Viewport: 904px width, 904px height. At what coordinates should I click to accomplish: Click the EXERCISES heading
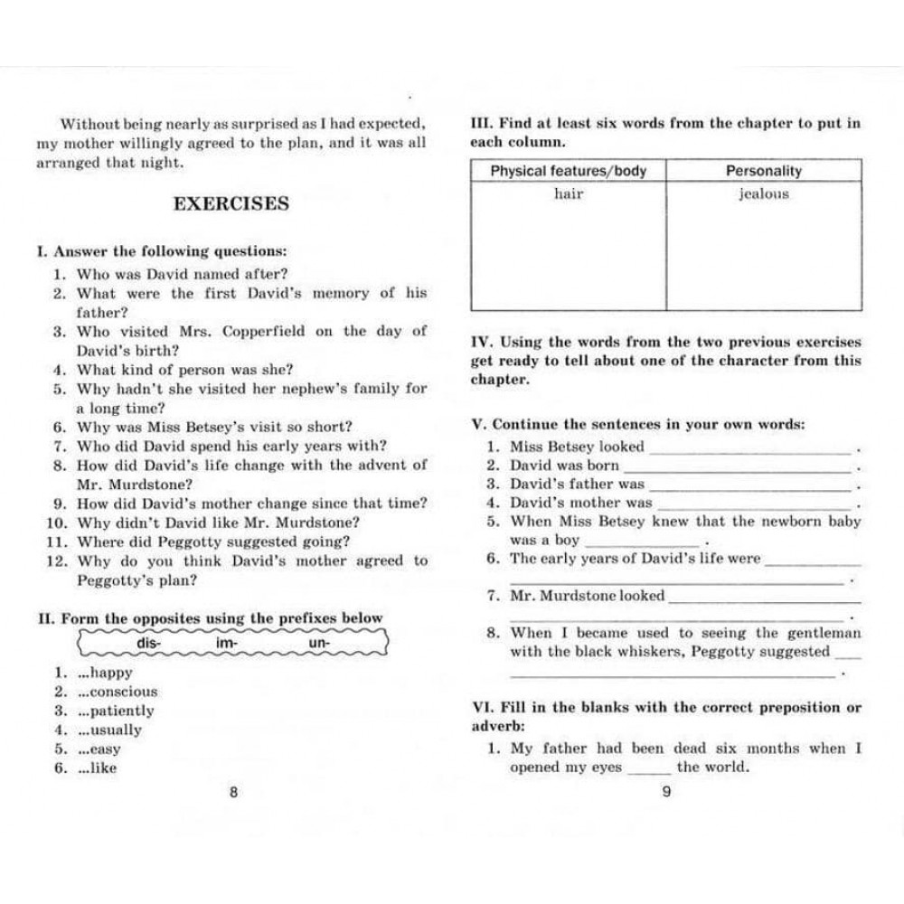[231, 203]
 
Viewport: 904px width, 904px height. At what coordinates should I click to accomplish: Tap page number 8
[233, 794]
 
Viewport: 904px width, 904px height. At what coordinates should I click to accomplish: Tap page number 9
[666, 794]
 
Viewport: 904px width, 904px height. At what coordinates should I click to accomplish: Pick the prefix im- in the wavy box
[227, 643]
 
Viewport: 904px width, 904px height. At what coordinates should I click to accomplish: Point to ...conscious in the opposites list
[118, 692]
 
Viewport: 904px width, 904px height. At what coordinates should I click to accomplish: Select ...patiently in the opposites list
[116, 711]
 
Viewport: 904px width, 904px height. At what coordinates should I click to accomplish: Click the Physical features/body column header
[568, 171]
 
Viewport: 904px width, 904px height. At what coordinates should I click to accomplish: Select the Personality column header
[763, 171]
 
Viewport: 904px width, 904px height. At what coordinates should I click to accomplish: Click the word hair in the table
[569, 193]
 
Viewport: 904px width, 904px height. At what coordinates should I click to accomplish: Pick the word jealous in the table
[763, 193]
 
